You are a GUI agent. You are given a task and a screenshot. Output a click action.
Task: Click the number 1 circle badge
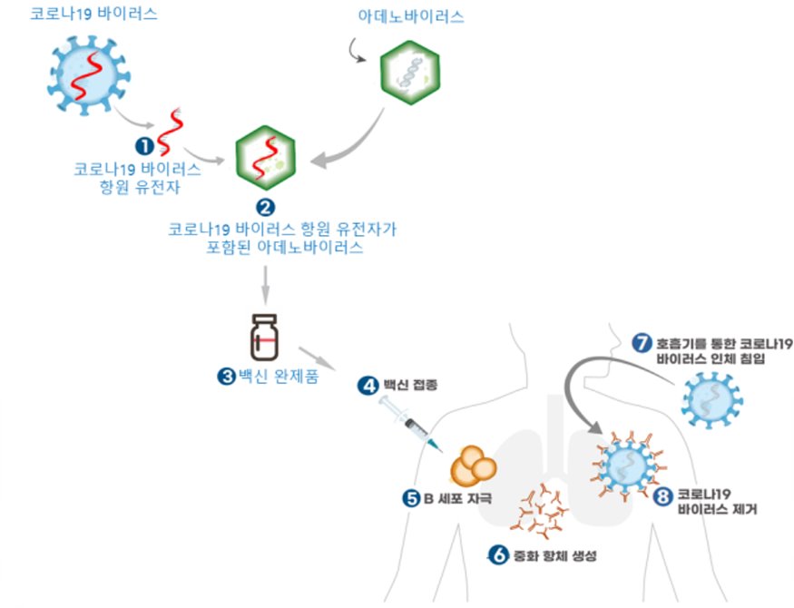tap(142, 143)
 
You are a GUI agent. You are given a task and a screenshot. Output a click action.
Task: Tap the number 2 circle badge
tap(266, 206)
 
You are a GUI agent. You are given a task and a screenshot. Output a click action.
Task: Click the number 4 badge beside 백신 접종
tap(368, 386)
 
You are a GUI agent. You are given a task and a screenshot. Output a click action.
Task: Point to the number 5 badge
tap(410, 496)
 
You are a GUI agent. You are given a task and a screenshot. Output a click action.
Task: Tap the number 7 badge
tap(642, 343)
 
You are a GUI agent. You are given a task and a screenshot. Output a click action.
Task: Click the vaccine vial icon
tap(265, 337)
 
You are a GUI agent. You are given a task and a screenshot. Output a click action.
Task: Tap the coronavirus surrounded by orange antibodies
tap(626, 467)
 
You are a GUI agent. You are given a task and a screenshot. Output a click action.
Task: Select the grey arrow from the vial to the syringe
tap(317, 358)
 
